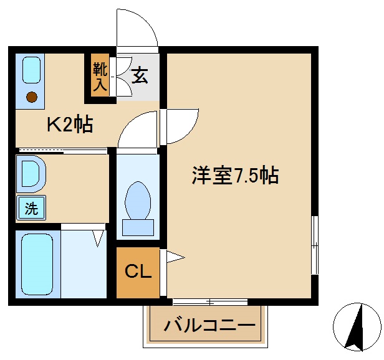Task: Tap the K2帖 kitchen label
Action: click(70, 125)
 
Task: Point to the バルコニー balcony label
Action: click(209, 325)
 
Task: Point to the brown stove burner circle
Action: click(32, 97)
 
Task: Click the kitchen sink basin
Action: click(32, 70)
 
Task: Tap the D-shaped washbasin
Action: click(31, 174)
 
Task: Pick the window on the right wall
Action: click(315, 245)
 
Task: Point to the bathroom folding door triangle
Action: click(98, 237)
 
